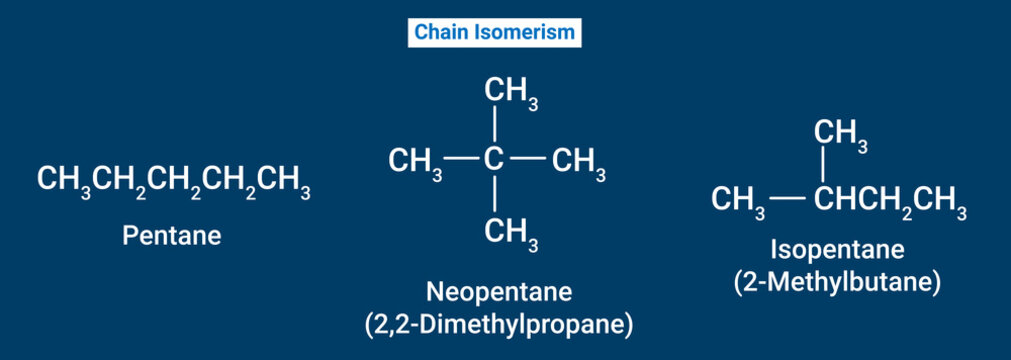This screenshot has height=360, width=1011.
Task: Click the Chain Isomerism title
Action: click(x=495, y=33)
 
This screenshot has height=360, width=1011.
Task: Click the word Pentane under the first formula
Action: click(x=171, y=237)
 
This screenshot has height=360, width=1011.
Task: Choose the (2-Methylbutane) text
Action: click(x=837, y=283)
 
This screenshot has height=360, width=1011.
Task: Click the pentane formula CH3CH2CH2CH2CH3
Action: click(x=173, y=181)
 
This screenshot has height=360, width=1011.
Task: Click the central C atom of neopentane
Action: click(x=494, y=160)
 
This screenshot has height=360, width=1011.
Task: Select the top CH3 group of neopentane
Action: click(x=511, y=93)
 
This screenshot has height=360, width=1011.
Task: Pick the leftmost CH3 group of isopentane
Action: click(x=738, y=201)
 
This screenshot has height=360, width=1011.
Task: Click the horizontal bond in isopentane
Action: click(x=788, y=200)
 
